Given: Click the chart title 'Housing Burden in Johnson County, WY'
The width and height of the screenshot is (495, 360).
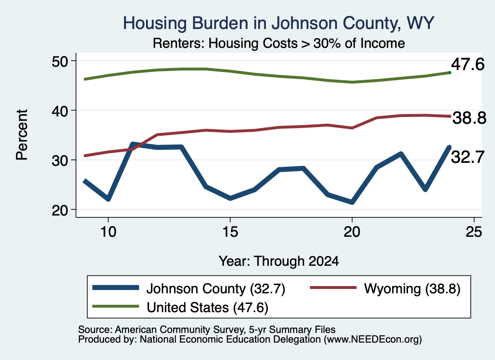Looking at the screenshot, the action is click(278, 23).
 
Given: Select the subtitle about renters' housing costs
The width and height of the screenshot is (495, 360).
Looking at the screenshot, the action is click(279, 43).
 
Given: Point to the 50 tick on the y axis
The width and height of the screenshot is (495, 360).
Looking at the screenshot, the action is click(60, 61).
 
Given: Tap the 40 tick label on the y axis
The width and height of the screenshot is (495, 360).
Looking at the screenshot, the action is click(60, 111).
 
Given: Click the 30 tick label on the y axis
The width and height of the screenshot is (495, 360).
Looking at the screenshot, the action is click(60, 160).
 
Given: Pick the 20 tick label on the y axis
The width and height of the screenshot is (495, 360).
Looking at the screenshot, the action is click(60, 210).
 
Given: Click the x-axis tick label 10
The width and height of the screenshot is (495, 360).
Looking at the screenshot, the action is click(108, 232).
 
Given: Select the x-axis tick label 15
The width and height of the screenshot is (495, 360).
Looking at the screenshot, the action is click(230, 232).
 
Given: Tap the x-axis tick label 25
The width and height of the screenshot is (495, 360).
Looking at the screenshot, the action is click(474, 232).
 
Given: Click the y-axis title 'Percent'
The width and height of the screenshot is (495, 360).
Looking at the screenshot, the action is click(22, 135).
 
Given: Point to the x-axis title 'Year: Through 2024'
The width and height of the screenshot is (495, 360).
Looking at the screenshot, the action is click(279, 261).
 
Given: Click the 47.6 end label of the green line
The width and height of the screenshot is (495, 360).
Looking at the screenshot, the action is click(467, 64).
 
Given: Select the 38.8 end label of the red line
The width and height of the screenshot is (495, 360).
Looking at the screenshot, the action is click(469, 118).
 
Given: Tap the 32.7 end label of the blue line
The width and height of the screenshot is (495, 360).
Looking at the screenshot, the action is click(467, 157).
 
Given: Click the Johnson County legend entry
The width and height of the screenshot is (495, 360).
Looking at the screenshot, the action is click(189, 288).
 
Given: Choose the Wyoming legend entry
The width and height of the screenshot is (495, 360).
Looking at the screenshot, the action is click(385, 288).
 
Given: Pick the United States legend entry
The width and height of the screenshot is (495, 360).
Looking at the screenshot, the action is click(180, 307).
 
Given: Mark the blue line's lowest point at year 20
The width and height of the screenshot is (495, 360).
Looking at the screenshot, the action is click(352, 202).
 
